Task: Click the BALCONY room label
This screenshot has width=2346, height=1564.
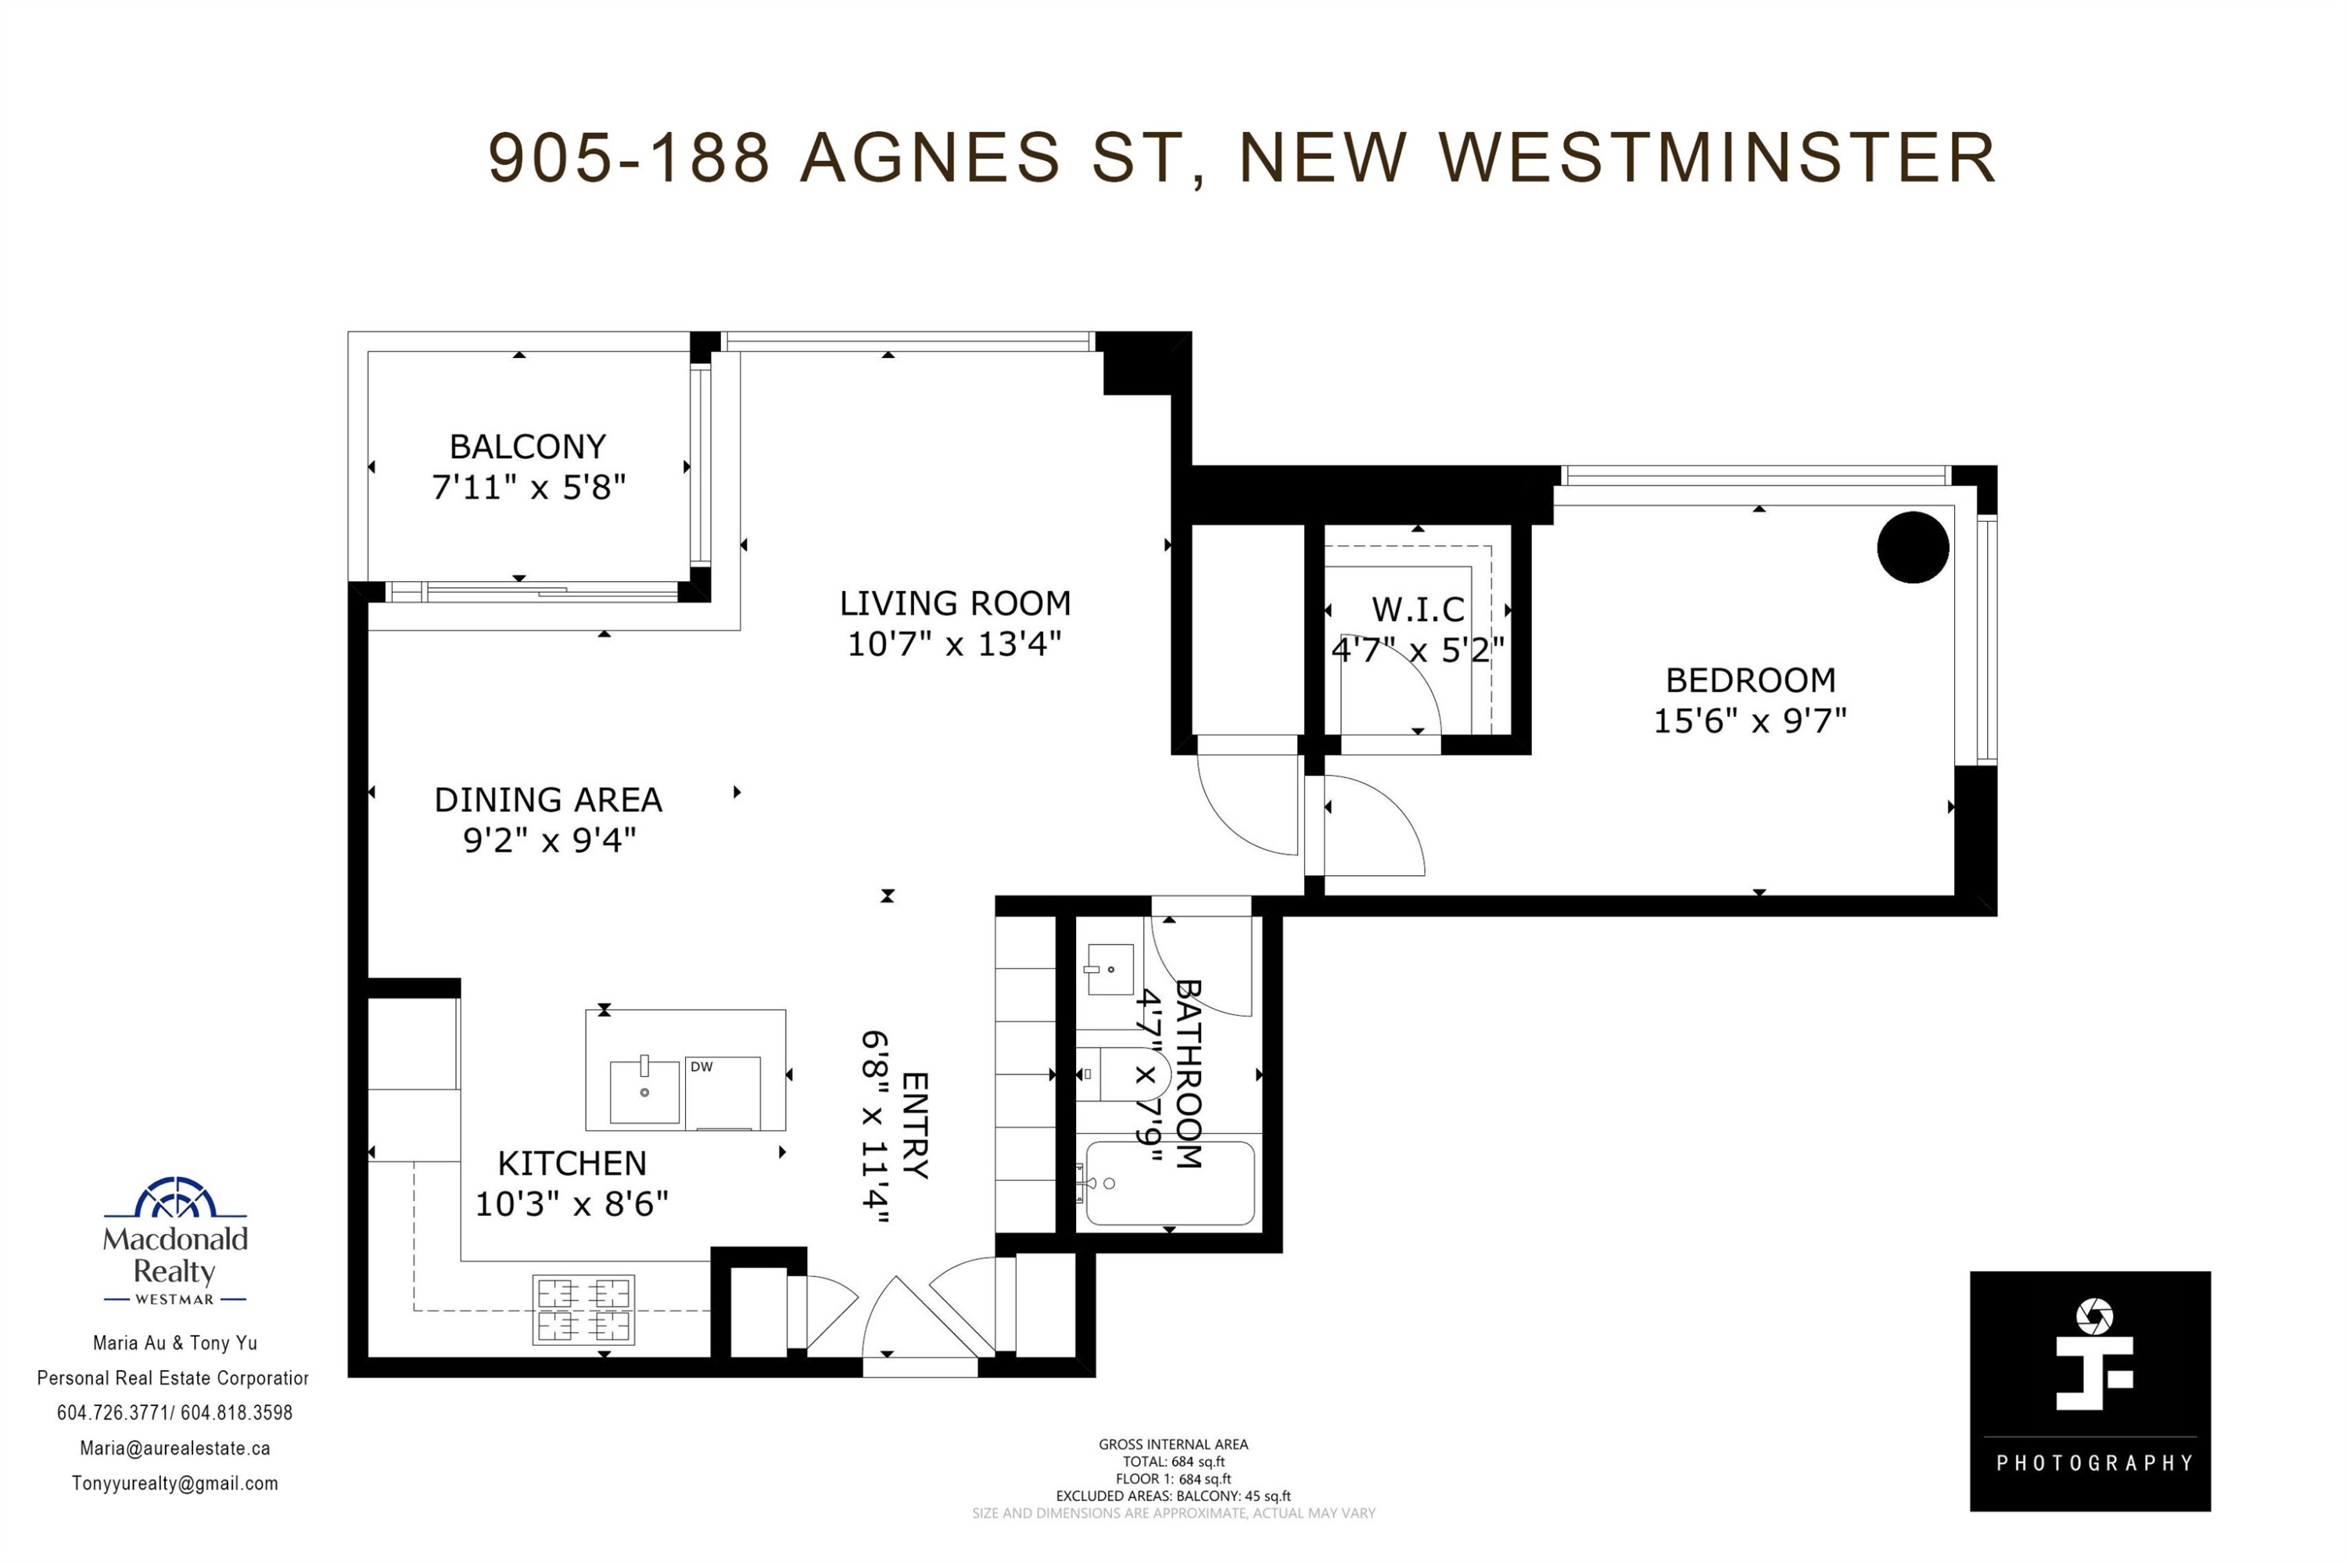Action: pyautogui.click(x=528, y=447)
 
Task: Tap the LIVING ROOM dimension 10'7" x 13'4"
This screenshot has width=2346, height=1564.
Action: pyautogui.click(x=955, y=644)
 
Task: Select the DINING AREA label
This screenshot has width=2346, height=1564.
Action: pyautogui.click(x=549, y=800)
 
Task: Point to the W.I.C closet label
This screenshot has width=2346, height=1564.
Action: pyautogui.click(x=1419, y=609)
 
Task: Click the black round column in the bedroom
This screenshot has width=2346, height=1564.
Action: pyautogui.click(x=1913, y=547)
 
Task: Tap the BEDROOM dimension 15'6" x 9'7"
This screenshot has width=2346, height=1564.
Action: pyautogui.click(x=1751, y=721)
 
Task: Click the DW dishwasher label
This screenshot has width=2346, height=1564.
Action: pyautogui.click(x=702, y=1067)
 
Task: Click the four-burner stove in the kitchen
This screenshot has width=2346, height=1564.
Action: pyautogui.click(x=583, y=1310)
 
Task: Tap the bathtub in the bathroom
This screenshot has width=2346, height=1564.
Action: pyautogui.click(x=1170, y=1183)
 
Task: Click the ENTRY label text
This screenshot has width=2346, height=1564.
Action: pyautogui.click(x=915, y=1125)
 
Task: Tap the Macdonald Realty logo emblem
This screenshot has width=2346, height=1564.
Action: pyautogui.click(x=175, y=1198)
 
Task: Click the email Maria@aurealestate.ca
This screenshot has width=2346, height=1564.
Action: pyautogui.click(x=175, y=1448)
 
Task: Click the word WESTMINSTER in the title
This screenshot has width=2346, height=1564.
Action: pyautogui.click(x=1716, y=158)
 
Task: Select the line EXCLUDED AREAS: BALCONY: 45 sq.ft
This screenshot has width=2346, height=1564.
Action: pyautogui.click(x=1173, y=1496)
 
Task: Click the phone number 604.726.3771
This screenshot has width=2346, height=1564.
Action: pyautogui.click(x=113, y=1412)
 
